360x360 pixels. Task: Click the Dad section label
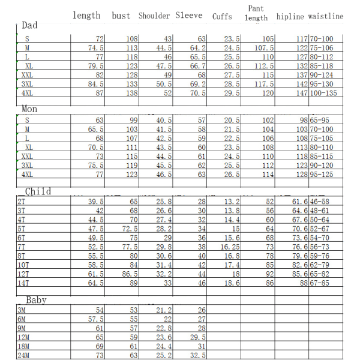point(29,26)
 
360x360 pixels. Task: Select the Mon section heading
point(29,110)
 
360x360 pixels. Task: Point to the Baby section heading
point(36,300)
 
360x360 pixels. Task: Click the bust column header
point(121,16)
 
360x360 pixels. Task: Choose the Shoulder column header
point(154,16)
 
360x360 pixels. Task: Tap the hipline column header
point(290,17)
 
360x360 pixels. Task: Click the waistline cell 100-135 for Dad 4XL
point(325,94)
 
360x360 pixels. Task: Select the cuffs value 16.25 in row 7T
point(229,247)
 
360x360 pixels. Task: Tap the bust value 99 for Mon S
point(133,121)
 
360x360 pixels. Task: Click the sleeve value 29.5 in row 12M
point(198,338)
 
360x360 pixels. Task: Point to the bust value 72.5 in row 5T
point(129,229)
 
